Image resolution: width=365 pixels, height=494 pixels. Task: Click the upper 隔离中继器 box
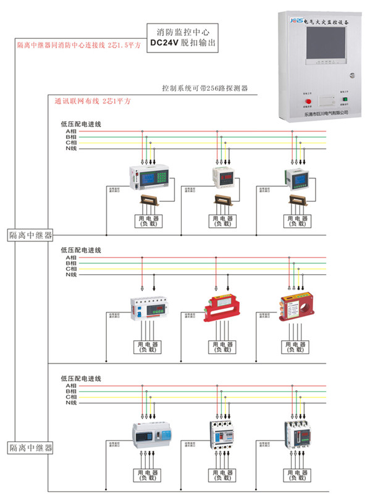point(30,235)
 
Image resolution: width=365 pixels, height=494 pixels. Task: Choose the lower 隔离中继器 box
point(30,447)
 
